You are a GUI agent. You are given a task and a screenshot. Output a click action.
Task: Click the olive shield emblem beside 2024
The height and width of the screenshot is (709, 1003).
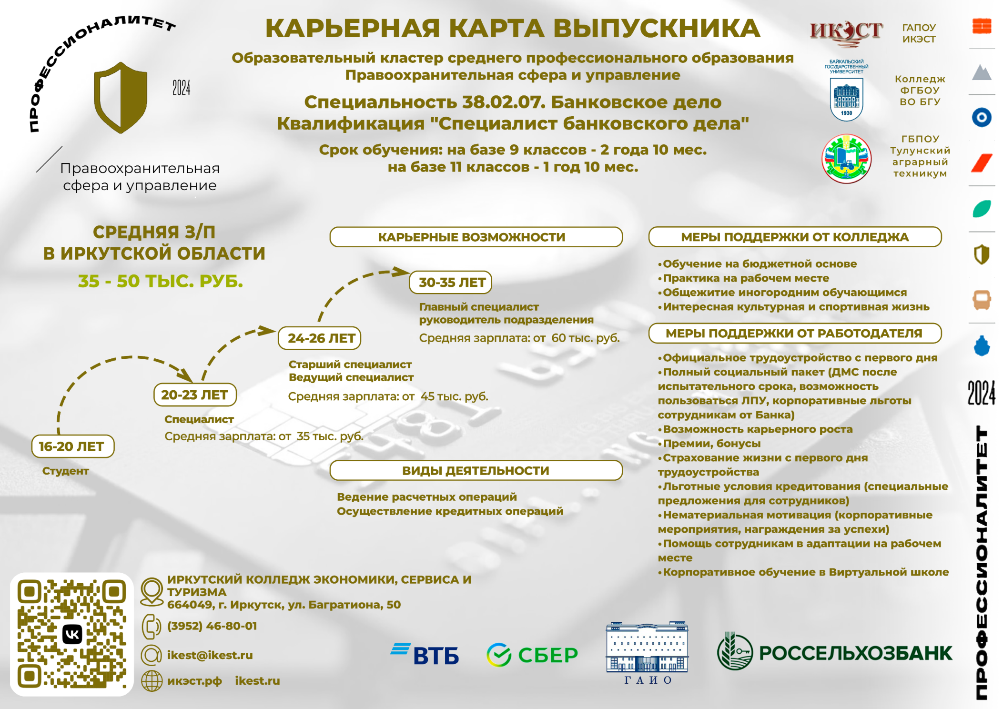[121, 98]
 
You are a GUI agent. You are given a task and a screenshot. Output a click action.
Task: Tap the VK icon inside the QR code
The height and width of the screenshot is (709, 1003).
[72, 634]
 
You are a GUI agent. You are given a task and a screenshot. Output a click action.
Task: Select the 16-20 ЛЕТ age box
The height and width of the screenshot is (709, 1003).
[73, 446]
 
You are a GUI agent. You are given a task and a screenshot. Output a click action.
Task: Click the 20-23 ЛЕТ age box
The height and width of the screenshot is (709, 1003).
[195, 395]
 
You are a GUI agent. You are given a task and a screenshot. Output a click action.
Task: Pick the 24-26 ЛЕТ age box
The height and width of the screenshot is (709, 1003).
[320, 338]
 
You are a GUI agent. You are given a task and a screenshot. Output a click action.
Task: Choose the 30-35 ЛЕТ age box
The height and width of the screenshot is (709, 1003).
[451, 282]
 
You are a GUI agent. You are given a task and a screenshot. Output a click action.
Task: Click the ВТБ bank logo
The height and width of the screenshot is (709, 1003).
[425, 654]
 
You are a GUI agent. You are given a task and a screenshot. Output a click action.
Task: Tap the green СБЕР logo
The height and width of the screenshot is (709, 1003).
[532, 655]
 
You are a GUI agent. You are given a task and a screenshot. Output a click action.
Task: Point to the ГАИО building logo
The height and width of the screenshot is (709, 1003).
[647, 653]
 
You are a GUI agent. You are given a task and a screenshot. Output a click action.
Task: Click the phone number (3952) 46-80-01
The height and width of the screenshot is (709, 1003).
[212, 626]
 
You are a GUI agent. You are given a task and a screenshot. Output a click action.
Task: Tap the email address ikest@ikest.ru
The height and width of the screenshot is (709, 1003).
[210, 655]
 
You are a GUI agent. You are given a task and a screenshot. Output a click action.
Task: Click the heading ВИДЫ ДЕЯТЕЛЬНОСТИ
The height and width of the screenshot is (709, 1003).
[476, 471]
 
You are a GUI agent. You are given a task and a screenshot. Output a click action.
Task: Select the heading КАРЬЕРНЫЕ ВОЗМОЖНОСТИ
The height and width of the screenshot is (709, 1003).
[472, 237]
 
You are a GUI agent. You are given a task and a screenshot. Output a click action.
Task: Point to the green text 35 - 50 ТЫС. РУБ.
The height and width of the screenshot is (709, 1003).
[161, 281]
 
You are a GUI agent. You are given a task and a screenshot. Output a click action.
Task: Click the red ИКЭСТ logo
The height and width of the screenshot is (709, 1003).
[846, 33]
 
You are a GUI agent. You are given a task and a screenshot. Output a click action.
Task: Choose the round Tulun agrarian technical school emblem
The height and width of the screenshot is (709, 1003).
[847, 159]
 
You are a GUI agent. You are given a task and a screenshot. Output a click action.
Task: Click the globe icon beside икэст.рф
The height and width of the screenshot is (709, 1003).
[152, 681]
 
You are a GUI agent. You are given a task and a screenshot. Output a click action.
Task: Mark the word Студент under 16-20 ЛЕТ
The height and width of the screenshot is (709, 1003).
[66, 471]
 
